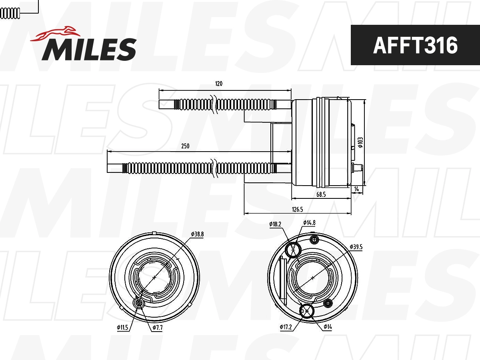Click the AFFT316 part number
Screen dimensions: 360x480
click(x=415, y=45)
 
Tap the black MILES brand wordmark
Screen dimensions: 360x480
click(x=89, y=49)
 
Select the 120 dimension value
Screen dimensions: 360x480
click(x=218, y=84)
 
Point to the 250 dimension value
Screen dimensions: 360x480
click(x=185, y=146)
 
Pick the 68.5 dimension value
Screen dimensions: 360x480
click(x=321, y=194)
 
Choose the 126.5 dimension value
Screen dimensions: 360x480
click(x=298, y=209)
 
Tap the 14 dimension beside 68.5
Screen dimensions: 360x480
click(x=356, y=188)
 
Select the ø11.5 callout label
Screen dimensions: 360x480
click(x=122, y=328)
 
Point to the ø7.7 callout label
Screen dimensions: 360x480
click(x=157, y=328)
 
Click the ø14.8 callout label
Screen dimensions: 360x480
click(x=309, y=222)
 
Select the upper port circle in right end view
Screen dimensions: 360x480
click(x=294, y=250)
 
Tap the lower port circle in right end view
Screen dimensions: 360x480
click(x=307, y=310)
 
